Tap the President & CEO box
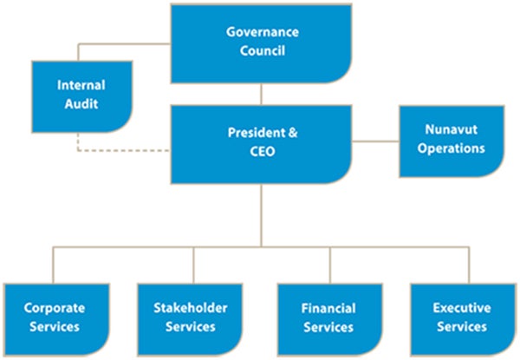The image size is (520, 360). (x=262, y=143)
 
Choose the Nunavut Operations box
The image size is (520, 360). (x=451, y=140)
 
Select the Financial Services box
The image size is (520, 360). (x=329, y=317)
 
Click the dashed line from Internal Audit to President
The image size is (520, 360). (x=121, y=149)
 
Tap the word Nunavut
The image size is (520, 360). (x=450, y=130)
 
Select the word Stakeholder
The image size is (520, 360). (x=191, y=309)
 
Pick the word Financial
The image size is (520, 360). (x=328, y=309)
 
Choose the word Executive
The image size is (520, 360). (x=461, y=308)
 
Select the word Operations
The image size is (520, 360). (x=451, y=148)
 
